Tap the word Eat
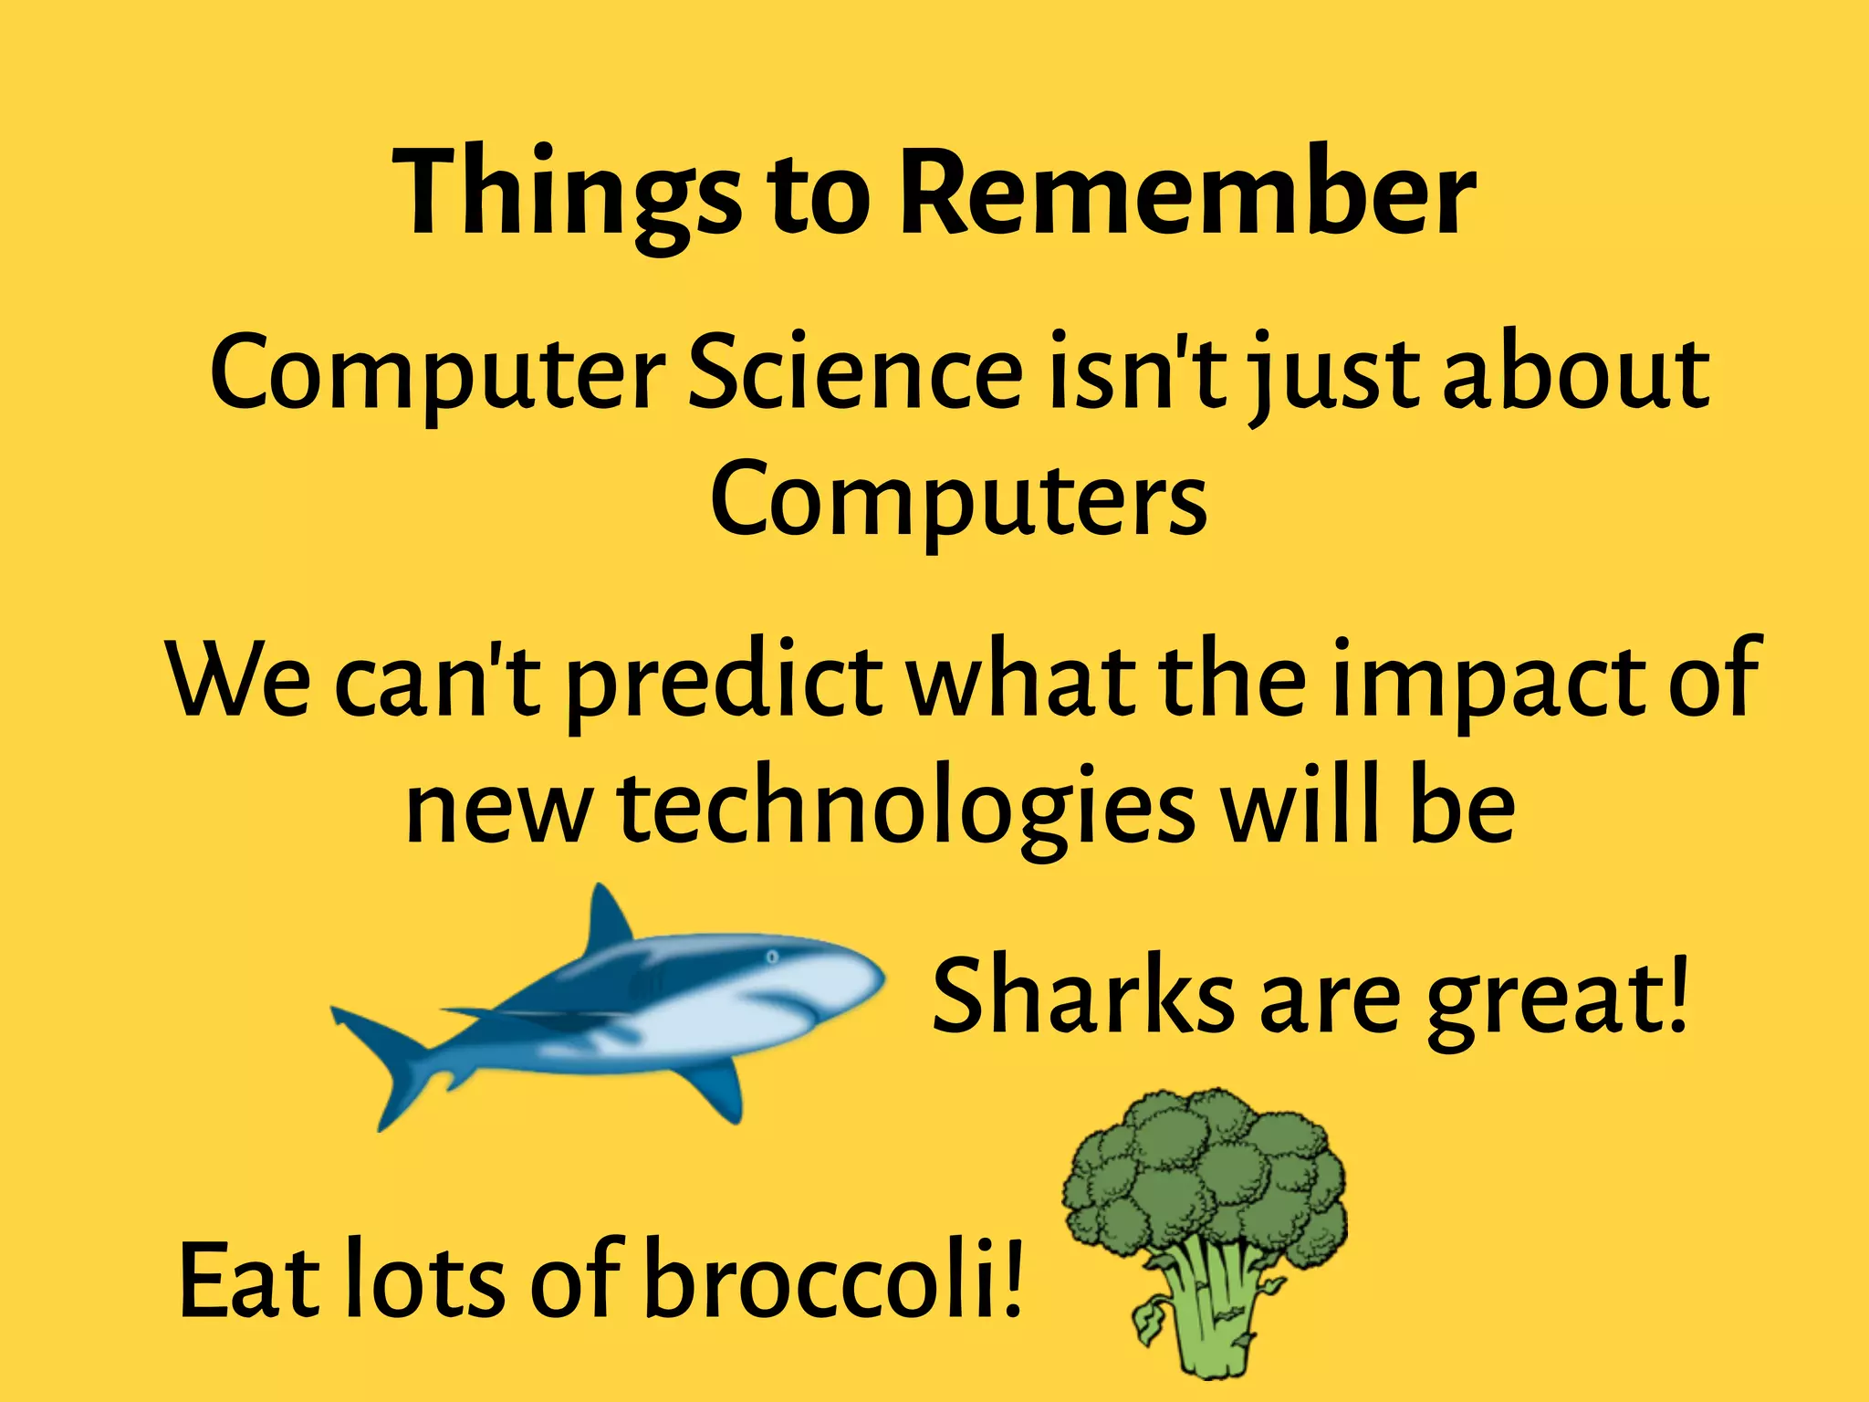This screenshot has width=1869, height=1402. pyautogui.click(x=249, y=1280)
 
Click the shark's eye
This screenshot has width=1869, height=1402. pyautogui.click(x=772, y=957)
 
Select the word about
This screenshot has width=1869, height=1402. pyautogui.click(x=1576, y=372)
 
